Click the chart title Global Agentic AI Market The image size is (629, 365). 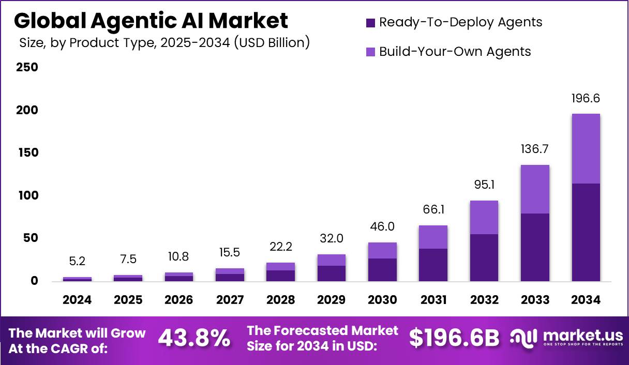(x=151, y=21)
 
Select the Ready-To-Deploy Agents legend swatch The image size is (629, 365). (x=370, y=23)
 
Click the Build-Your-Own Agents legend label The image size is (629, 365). (x=455, y=52)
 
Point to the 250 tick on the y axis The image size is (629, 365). (x=27, y=67)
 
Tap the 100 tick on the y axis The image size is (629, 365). (x=27, y=195)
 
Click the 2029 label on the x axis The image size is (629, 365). (x=331, y=300)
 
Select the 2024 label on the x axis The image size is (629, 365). (x=77, y=300)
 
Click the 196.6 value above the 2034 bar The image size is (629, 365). (x=586, y=98)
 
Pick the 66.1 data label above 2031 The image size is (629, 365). (x=433, y=210)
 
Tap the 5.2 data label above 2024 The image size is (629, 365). (x=77, y=262)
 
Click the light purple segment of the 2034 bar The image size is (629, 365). (x=586, y=148)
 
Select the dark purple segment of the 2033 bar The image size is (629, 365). (x=535, y=247)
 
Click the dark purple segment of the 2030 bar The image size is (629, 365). (x=382, y=269)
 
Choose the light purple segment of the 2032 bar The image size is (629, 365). (x=484, y=217)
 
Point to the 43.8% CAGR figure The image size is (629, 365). (x=194, y=339)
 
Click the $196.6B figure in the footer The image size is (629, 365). (x=454, y=339)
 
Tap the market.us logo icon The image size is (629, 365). (x=524, y=338)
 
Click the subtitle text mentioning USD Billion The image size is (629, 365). (x=164, y=43)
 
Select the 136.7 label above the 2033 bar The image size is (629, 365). (x=535, y=149)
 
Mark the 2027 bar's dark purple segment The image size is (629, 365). (x=230, y=278)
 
